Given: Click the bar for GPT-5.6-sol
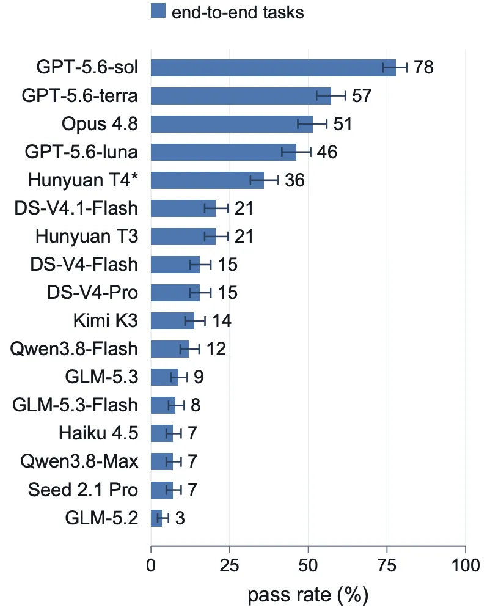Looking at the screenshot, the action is [x=273, y=68].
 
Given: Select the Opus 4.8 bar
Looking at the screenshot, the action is [x=232, y=123].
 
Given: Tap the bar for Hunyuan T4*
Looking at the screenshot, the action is [x=207, y=180].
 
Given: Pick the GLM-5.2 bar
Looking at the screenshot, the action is [x=156, y=518].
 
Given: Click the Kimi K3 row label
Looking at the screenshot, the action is [x=105, y=320].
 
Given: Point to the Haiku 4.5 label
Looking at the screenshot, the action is [x=98, y=433].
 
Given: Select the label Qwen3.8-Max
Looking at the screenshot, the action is [x=79, y=461].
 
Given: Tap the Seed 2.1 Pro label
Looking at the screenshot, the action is [x=83, y=490].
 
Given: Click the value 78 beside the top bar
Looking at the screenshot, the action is [x=423, y=67].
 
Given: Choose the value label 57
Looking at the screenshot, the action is [x=362, y=96].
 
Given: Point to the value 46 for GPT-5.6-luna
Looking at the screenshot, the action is [x=327, y=152].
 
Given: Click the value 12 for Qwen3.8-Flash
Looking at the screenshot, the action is [x=216, y=349].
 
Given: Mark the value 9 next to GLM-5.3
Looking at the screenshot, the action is [x=199, y=377].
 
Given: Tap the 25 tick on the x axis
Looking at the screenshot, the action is [x=230, y=565].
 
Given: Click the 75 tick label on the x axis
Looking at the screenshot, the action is [x=387, y=565].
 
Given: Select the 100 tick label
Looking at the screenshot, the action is [x=466, y=565].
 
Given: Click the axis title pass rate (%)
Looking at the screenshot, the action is [x=308, y=595].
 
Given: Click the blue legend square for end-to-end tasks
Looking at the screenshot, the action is [x=158, y=11].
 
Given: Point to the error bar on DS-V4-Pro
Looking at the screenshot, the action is [x=200, y=293].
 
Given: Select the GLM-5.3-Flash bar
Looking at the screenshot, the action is [x=163, y=405].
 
